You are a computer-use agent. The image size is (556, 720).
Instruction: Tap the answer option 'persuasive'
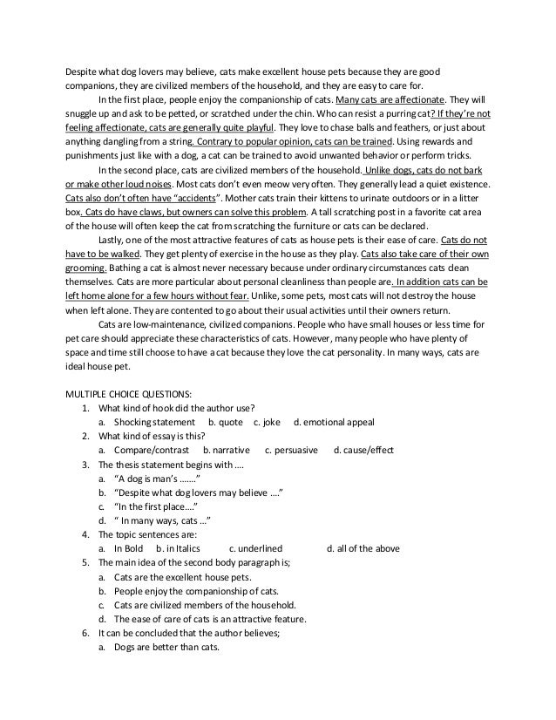293,450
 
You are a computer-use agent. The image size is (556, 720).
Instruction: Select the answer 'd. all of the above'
362,548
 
